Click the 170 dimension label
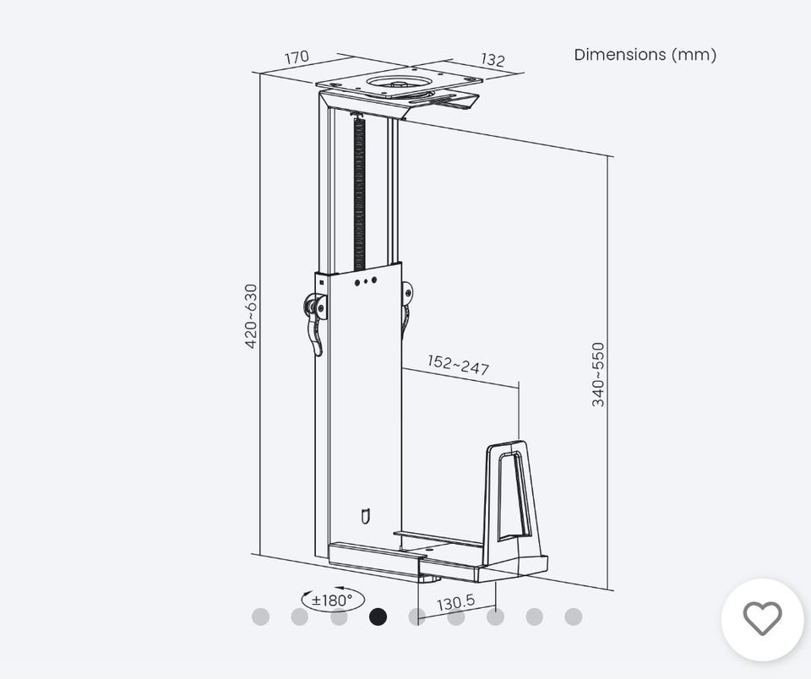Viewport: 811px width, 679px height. tap(297, 57)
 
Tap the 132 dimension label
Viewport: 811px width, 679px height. tap(493, 60)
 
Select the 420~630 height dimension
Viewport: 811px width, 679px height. tap(251, 316)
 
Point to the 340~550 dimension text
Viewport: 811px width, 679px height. tap(598, 374)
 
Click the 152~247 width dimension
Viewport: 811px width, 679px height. tap(458, 365)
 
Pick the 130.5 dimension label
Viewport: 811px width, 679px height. tap(455, 602)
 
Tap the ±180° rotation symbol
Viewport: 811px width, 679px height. tap(333, 600)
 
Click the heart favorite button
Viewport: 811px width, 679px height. tap(762, 619)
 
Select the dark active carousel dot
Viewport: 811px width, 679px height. tap(378, 617)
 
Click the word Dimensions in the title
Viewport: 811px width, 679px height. tap(619, 54)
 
